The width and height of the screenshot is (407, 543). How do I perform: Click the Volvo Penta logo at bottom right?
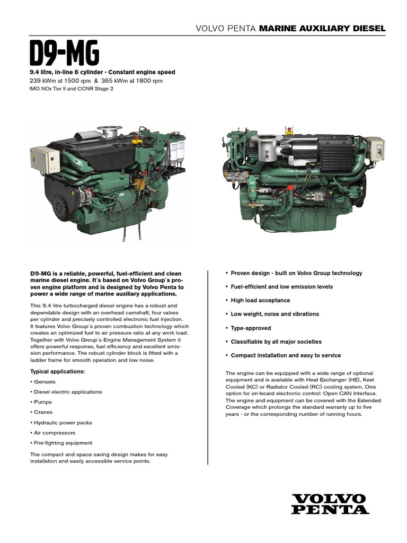pyautogui.click(x=330, y=504)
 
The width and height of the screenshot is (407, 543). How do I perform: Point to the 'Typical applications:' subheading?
pyautogui.click(x=57, y=371)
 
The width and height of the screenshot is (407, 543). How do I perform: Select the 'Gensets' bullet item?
pyautogui.click(x=44, y=382)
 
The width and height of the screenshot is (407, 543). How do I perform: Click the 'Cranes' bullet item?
pyautogui.click(x=43, y=412)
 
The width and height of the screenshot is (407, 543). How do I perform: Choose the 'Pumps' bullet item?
pyautogui.click(x=43, y=402)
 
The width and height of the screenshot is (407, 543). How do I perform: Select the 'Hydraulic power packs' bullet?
pyautogui.click(x=63, y=423)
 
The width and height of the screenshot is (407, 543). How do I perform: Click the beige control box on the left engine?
pyautogui.click(x=45, y=159)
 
